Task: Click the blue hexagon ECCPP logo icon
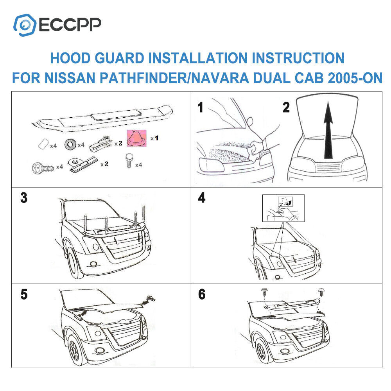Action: click(x=25, y=25)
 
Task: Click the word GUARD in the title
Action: click(x=119, y=58)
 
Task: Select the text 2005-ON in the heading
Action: click(x=355, y=78)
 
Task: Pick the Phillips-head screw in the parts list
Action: click(x=43, y=168)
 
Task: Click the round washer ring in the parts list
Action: click(x=70, y=144)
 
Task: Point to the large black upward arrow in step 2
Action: click(x=328, y=130)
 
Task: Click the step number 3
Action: click(x=24, y=198)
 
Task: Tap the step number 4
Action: click(x=201, y=198)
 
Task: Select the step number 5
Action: click(x=24, y=294)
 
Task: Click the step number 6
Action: click(x=202, y=294)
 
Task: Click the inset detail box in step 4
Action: click(x=283, y=208)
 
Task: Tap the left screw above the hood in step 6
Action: click(x=264, y=292)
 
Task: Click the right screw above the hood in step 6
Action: click(x=321, y=292)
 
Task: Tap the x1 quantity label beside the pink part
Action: click(x=154, y=138)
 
